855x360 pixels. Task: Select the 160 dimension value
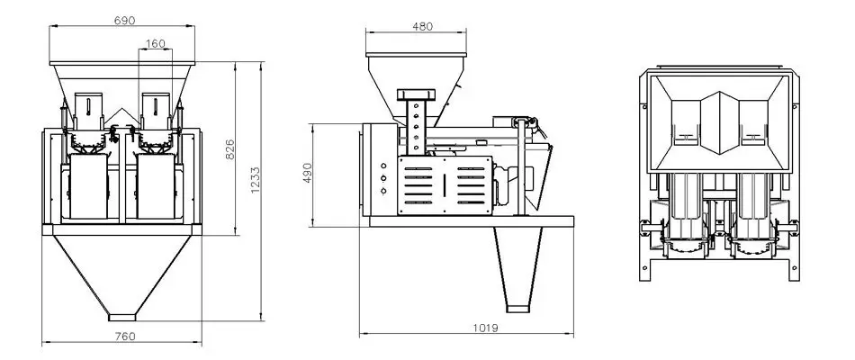point(154,42)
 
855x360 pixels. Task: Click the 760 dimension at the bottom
point(126,336)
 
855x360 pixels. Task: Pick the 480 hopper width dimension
point(421,26)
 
